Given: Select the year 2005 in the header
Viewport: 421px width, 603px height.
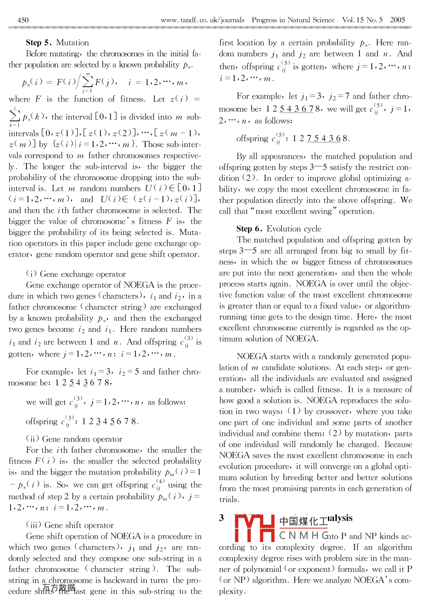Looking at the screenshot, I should [x=398, y=20].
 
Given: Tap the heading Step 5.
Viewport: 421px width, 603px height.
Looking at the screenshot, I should [x=39, y=42].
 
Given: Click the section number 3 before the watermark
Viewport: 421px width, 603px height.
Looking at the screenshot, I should [x=222, y=518].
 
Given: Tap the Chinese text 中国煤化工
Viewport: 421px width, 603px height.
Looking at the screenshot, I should [x=303, y=522].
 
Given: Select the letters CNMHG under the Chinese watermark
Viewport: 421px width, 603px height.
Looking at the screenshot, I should [x=304, y=536].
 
